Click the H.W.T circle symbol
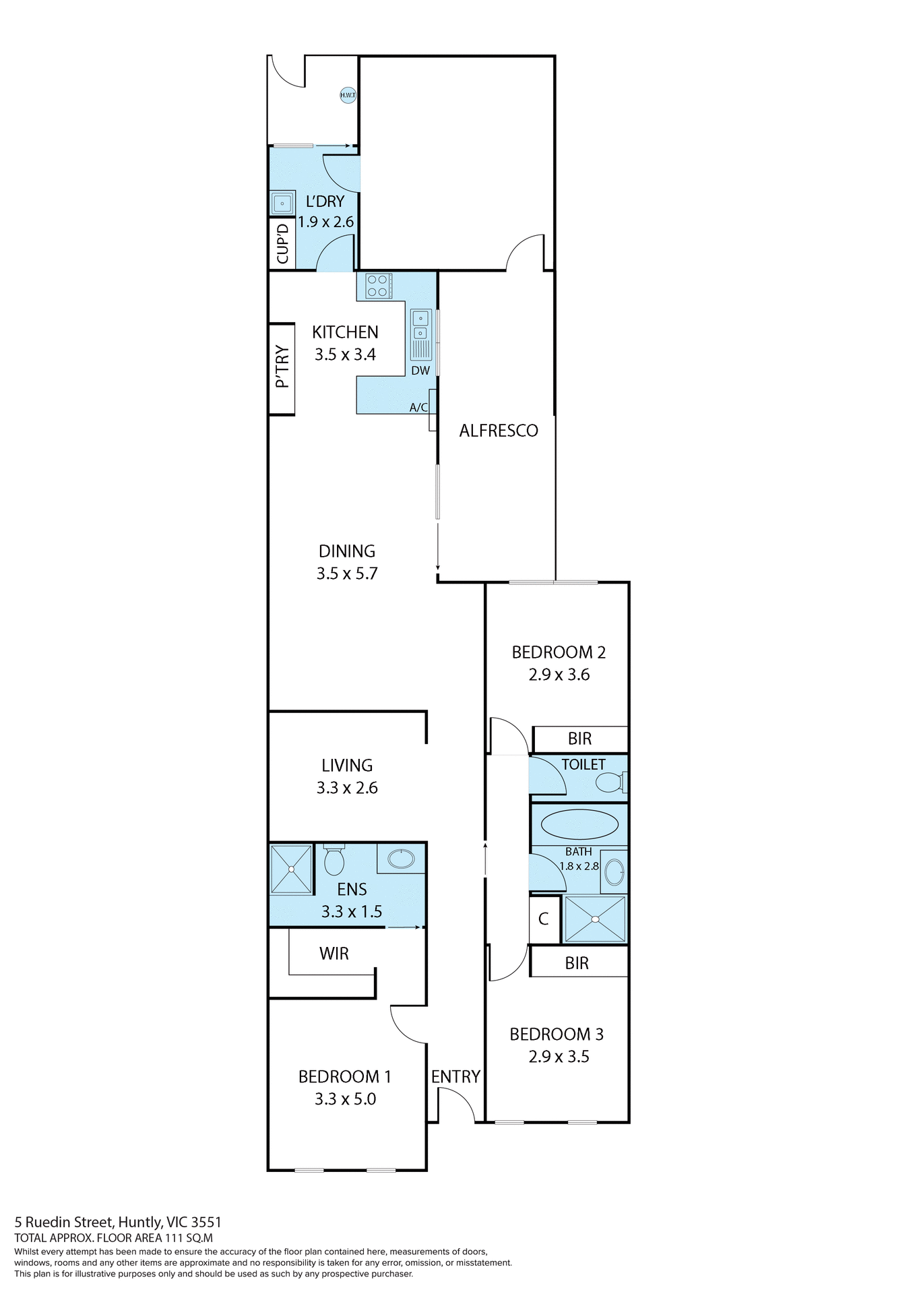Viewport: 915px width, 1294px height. (x=348, y=95)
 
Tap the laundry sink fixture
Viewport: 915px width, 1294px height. (x=282, y=202)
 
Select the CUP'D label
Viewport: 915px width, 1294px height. (x=282, y=243)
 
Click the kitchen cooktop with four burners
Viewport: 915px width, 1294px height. (x=378, y=286)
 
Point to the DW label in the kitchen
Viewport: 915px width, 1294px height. (x=420, y=371)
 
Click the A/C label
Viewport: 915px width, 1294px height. (x=418, y=407)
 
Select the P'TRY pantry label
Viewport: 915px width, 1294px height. (x=282, y=368)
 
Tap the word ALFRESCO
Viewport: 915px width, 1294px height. (x=499, y=431)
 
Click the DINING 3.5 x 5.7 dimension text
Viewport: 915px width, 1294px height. (x=347, y=574)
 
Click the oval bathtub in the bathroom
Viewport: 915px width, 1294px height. (x=579, y=824)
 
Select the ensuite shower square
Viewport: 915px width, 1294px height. (x=291, y=869)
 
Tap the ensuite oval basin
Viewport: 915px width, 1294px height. (x=402, y=859)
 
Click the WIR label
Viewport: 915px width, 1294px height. (x=334, y=954)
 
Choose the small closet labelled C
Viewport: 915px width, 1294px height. (x=544, y=919)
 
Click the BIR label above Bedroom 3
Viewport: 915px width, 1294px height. (x=577, y=963)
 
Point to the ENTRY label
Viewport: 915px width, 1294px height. (x=455, y=1076)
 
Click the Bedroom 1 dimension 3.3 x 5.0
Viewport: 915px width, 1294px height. (x=345, y=1099)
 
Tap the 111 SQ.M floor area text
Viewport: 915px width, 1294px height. (x=189, y=1237)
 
